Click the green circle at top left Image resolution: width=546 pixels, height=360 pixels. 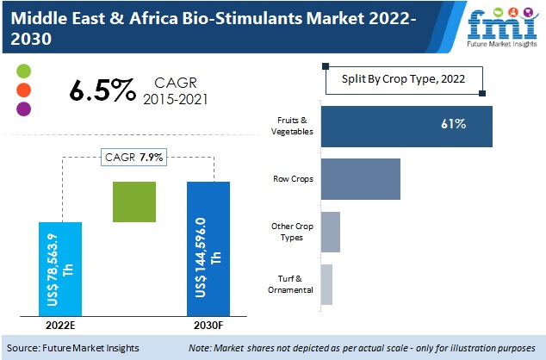(23, 70)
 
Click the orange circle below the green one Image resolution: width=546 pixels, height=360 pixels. (23, 89)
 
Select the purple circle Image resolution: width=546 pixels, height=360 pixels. (23, 109)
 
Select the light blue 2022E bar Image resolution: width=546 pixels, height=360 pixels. (61, 269)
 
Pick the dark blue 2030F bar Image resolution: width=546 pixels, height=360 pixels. (208, 249)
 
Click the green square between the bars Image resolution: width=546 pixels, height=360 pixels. (133, 203)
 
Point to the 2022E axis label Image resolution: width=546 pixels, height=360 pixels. (61, 326)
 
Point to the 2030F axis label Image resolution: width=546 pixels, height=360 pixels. (208, 326)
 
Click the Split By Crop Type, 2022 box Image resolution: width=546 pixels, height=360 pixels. (403, 79)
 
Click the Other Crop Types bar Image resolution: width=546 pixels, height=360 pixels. (330, 232)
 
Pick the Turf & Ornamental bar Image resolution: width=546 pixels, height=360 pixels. (326, 284)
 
